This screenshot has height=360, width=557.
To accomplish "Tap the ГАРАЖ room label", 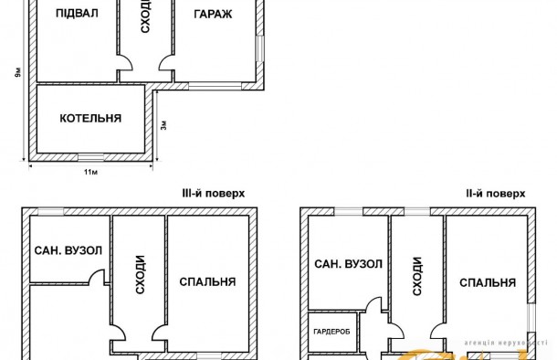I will pyautogui.click(x=214, y=15).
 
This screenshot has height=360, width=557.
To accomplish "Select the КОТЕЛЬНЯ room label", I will pyautogui.click(x=90, y=119).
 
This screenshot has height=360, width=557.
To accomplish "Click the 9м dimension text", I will pyautogui.click(x=18, y=72).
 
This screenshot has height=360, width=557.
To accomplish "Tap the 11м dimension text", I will pyautogui.click(x=90, y=172).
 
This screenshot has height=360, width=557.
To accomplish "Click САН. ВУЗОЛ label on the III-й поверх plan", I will pyautogui.click(x=68, y=250).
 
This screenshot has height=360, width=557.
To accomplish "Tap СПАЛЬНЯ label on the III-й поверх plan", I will pyautogui.click(x=208, y=281).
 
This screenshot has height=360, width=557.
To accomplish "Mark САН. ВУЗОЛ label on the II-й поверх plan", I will pyautogui.click(x=348, y=264).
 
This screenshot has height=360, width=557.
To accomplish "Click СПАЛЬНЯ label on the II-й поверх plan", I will pyautogui.click(x=488, y=281).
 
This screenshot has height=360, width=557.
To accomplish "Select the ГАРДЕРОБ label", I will pyautogui.click(x=331, y=330).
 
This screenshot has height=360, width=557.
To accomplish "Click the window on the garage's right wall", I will pyautogui.click(x=262, y=49).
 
